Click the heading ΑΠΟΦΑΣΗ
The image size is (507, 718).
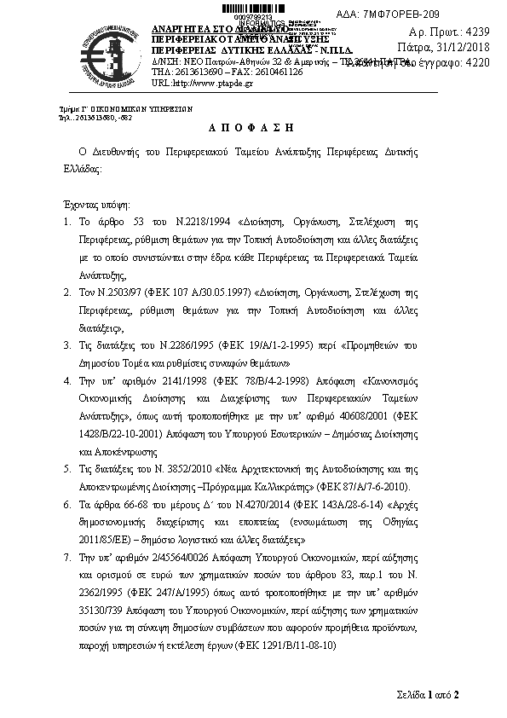[x=253, y=127]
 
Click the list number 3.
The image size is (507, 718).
[x=67, y=345]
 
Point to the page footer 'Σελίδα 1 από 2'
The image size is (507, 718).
[x=428, y=694]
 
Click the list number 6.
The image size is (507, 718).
[x=67, y=504]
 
